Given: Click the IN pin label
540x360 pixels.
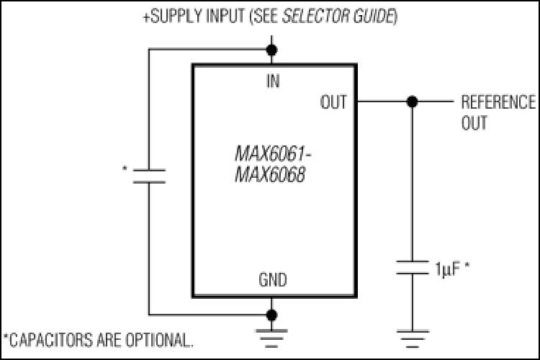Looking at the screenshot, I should (x=272, y=81).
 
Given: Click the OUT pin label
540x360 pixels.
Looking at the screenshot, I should (x=333, y=102).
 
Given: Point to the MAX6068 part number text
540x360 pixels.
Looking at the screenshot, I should (x=266, y=174).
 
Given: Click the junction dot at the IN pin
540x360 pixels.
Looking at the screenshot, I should (x=272, y=50).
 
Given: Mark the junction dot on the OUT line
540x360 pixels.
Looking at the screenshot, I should (x=412, y=102).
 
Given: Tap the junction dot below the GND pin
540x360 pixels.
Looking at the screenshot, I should (x=272, y=315).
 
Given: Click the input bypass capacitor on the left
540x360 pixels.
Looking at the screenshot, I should (x=149, y=176).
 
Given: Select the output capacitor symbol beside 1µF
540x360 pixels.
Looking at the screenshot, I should (x=412, y=269).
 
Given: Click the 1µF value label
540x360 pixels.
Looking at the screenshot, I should (x=446, y=270).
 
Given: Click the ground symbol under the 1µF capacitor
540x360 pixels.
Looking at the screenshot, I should (x=412, y=336).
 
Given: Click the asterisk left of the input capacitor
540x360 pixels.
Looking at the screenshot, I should (x=125, y=171).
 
